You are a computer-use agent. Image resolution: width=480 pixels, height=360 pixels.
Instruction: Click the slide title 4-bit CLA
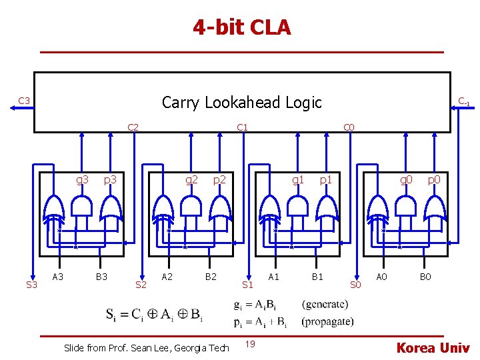point(242,27)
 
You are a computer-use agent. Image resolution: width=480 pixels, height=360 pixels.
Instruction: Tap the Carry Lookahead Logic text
point(241,102)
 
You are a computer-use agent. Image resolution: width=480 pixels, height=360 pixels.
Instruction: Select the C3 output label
point(24,101)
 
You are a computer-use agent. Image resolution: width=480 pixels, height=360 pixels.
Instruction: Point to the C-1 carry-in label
point(463,101)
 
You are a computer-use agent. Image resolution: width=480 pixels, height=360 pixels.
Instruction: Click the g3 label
point(83,179)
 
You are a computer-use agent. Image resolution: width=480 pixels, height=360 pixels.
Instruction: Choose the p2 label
point(219,179)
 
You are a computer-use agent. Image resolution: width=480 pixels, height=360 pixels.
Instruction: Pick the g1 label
point(299,179)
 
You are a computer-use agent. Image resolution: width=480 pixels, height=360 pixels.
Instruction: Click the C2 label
point(133,127)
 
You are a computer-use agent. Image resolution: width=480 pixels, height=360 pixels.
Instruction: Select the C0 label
point(348,127)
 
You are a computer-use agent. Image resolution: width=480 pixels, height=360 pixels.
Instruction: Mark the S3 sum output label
point(31,285)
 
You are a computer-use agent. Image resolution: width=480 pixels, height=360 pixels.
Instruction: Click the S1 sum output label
point(248,285)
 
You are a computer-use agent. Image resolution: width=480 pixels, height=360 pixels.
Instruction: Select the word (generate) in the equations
point(325,305)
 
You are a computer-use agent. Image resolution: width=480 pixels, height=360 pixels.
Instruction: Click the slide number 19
point(249,344)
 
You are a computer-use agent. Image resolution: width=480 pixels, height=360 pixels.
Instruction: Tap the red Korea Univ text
point(433,347)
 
